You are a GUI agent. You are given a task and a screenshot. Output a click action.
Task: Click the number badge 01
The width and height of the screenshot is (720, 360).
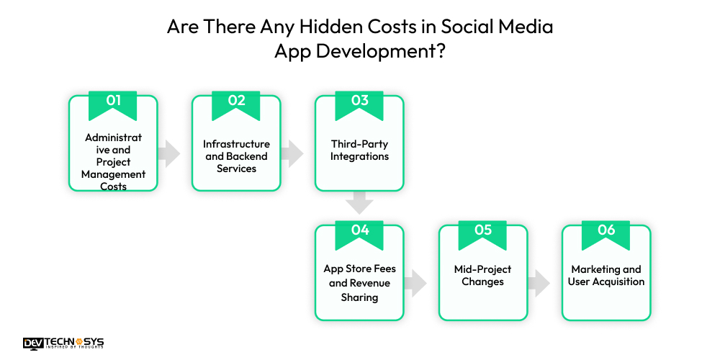coord(113,102)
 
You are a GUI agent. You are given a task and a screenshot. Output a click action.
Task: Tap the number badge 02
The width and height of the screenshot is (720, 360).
coord(236,102)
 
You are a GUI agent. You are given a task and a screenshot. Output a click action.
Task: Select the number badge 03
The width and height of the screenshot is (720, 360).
coord(359,102)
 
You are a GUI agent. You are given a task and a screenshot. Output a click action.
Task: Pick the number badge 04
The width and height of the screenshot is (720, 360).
coord(359,231)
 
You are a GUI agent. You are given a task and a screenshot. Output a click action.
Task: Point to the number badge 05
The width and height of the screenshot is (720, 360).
coord(482,231)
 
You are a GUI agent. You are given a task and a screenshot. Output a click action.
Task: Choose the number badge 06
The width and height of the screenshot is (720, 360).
coord(606,231)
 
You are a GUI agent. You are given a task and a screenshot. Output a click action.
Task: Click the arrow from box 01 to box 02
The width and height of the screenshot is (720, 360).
coord(169,153)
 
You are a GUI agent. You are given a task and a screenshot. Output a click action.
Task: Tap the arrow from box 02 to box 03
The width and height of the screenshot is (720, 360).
coord(292,153)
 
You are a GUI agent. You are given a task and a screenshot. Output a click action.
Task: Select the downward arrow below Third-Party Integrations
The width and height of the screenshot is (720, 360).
coord(359,203)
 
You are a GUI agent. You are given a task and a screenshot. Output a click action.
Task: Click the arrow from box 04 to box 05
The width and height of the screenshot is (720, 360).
coord(415,282)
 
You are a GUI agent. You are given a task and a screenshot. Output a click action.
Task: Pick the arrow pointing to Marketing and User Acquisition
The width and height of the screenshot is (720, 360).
coord(539,282)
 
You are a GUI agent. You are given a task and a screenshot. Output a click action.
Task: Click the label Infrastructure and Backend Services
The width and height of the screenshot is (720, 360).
coord(236,156)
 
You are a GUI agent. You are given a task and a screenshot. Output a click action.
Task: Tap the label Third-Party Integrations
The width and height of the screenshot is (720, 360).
coord(359,150)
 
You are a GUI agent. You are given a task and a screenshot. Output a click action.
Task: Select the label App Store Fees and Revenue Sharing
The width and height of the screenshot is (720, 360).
coord(359,283)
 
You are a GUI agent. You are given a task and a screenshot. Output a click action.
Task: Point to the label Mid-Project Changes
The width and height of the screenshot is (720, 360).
coord(482,276)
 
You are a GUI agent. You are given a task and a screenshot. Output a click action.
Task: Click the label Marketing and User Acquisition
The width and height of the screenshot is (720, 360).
coord(606,276)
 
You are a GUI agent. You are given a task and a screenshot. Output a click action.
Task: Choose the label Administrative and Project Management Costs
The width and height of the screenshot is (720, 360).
coord(113,162)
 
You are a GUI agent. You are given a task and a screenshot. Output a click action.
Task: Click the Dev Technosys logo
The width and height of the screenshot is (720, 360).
coord(63,343)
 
